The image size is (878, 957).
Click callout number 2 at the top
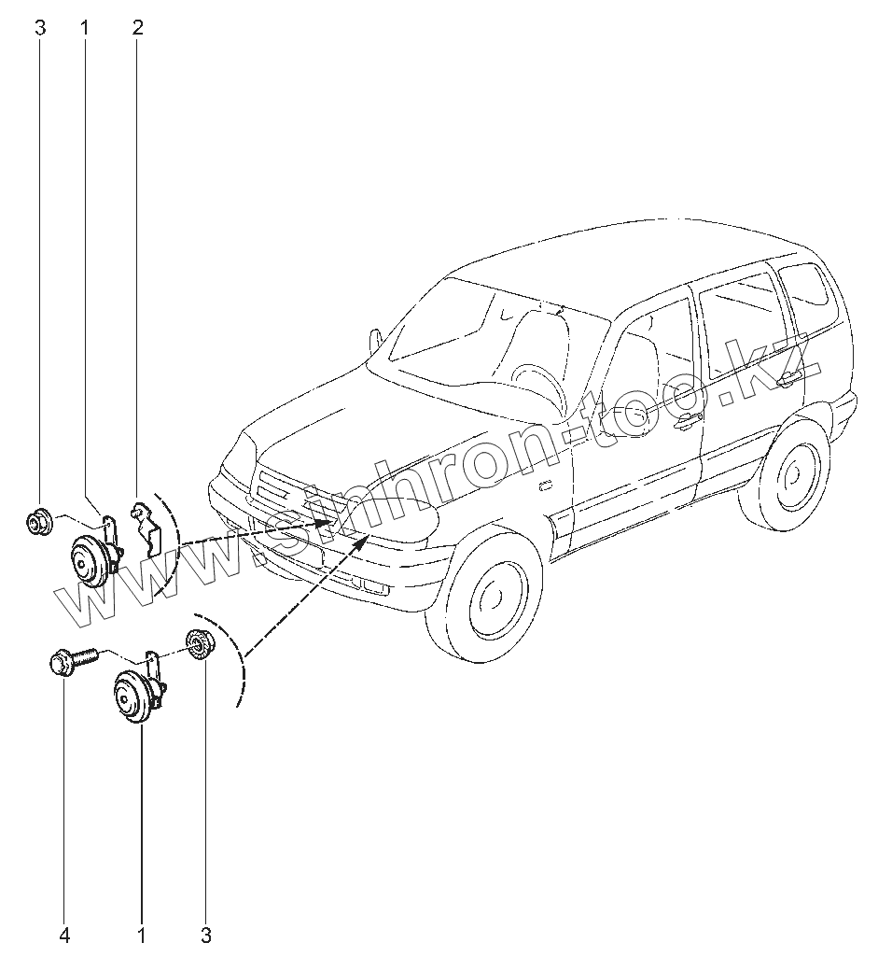click(138, 28)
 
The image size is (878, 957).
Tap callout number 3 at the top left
click(40, 28)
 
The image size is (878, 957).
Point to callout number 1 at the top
click(85, 28)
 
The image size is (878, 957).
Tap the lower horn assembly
click(133, 696)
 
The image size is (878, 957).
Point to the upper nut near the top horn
click(39, 521)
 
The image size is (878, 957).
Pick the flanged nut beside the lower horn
click(198, 644)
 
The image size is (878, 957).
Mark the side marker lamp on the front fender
click(544, 485)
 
